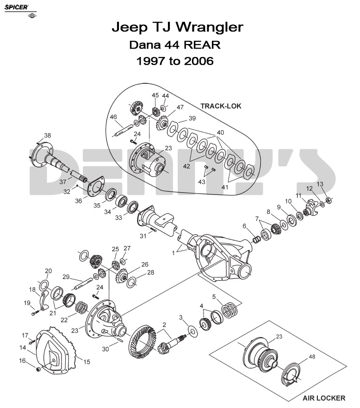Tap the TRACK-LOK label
click(221, 106)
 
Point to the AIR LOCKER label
click(324, 398)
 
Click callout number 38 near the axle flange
click(48, 136)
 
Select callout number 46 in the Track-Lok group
click(113, 117)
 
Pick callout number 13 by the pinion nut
click(320, 184)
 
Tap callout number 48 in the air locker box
click(312, 357)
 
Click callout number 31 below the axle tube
click(143, 236)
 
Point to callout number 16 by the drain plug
click(22, 360)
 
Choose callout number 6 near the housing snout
click(244, 226)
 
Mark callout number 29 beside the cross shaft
click(66, 277)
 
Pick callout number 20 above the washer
click(48, 271)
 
